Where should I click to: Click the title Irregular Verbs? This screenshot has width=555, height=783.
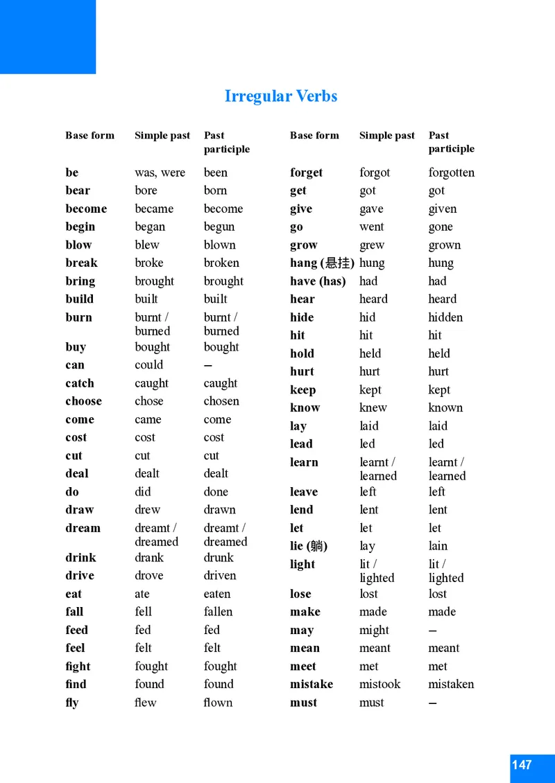click(x=281, y=96)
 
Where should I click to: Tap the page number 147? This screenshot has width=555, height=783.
click(x=522, y=765)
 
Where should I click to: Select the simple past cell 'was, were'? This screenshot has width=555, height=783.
click(x=160, y=173)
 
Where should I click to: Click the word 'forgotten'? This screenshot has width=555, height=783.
click(x=452, y=173)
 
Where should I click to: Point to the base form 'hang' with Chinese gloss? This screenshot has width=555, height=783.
click(x=322, y=263)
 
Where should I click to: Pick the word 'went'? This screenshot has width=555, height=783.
click(x=372, y=227)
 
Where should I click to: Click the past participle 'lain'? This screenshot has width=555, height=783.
click(x=438, y=546)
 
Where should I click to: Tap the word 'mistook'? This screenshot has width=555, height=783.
click(x=380, y=684)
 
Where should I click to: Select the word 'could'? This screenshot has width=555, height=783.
click(x=149, y=364)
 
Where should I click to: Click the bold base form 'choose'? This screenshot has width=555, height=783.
click(x=83, y=401)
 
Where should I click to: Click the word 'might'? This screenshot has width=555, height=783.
click(x=375, y=630)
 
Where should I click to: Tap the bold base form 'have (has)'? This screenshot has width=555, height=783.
click(x=318, y=281)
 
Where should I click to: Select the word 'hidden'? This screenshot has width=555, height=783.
click(x=445, y=317)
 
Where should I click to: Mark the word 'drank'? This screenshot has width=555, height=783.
click(x=149, y=557)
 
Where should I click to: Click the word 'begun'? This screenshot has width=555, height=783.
click(x=219, y=227)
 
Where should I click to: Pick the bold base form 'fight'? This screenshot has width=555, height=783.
click(x=78, y=666)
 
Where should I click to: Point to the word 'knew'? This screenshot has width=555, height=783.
click(x=373, y=407)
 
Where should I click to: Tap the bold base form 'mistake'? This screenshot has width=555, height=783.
click(x=311, y=684)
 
